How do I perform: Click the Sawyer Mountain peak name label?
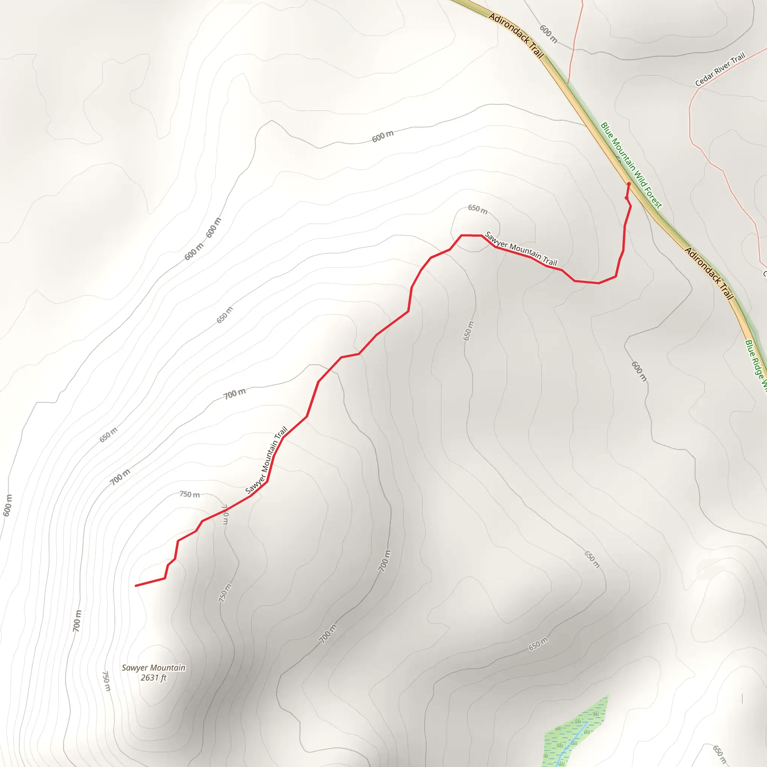[x=153, y=668]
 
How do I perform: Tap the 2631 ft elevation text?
[x=153, y=677]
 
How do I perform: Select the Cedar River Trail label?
[x=720, y=70]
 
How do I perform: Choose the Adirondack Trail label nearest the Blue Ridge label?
[x=709, y=273]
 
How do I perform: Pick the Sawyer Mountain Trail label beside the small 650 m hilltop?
[x=521, y=249]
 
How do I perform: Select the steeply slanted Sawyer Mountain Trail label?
[x=266, y=460]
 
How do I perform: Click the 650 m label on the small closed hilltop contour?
[x=477, y=209]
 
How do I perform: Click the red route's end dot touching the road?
[x=628, y=184]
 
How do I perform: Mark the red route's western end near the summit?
[x=136, y=586]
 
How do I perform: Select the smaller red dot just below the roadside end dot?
[x=626, y=198]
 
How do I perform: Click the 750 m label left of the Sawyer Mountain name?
[x=106, y=680]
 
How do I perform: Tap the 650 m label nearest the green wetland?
[x=538, y=644]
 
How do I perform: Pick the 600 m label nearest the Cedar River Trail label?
[x=548, y=34]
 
